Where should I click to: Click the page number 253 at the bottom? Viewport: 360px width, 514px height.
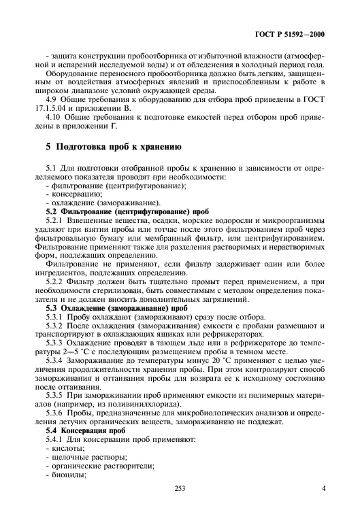click(180, 487)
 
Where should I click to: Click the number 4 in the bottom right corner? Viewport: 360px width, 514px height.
click(323, 487)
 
